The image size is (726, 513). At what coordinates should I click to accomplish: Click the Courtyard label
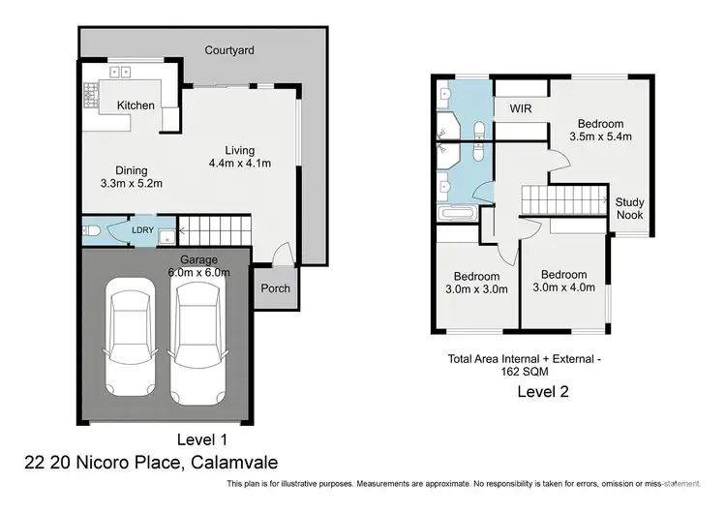(x=229, y=49)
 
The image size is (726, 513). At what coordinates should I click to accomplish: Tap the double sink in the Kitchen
(x=121, y=71)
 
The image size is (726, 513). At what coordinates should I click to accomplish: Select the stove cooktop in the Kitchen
(x=92, y=95)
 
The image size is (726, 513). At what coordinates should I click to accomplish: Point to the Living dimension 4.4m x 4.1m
(x=239, y=164)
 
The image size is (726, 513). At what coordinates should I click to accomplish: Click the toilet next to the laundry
(x=90, y=231)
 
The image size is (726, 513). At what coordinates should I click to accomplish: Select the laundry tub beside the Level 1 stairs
(x=166, y=234)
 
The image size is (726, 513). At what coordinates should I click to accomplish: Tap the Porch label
(x=275, y=288)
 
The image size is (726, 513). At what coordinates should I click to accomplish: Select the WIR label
(x=522, y=108)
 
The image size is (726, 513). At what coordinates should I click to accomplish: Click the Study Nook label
(x=629, y=208)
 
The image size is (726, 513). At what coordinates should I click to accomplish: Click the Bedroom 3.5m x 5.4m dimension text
(x=600, y=137)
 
